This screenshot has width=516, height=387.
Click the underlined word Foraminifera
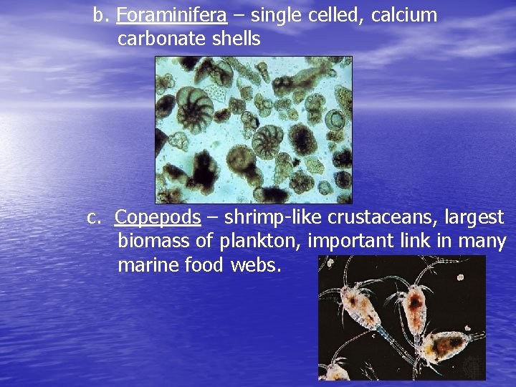coord(171,15)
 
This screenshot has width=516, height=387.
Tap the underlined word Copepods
coord(157,216)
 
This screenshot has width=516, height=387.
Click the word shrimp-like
coord(269,216)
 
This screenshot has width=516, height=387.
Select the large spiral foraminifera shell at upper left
coord(194,110)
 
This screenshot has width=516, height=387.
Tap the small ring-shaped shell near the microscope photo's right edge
coord(334,120)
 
